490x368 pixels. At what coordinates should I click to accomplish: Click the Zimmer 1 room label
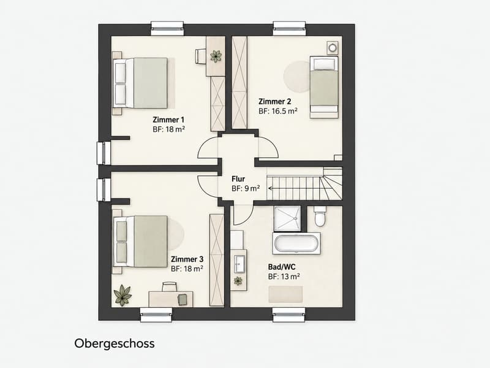[x=168, y=120]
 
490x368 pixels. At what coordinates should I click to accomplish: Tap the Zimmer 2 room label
[x=274, y=101]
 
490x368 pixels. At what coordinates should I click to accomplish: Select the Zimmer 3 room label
[x=187, y=259]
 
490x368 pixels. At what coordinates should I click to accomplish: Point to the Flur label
[x=238, y=179]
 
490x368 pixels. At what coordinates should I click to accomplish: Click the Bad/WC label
[x=282, y=267]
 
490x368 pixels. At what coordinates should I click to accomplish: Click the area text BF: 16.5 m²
[x=278, y=111]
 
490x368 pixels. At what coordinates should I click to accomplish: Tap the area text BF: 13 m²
[x=284, y=277]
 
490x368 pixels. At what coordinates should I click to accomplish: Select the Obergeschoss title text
[x=115, y=343]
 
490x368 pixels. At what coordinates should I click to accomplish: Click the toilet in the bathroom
[x=320, y=217]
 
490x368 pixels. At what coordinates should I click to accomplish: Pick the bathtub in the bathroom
[x=296, y=243]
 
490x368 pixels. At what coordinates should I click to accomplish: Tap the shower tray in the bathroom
[x=287, y=218]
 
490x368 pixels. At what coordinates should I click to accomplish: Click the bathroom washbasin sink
[x=239, y=264]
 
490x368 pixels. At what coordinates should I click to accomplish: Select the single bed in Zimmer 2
[x=324, y=87]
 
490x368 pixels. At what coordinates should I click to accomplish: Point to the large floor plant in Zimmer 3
[x=123, y=295]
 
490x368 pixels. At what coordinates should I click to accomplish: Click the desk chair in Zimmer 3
[x=170, y=286]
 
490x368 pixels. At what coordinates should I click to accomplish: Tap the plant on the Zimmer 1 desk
[x=216, y=56]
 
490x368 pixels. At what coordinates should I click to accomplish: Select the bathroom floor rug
[x=285, y=294]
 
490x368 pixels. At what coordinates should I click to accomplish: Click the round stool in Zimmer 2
[x=333, y=48]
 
